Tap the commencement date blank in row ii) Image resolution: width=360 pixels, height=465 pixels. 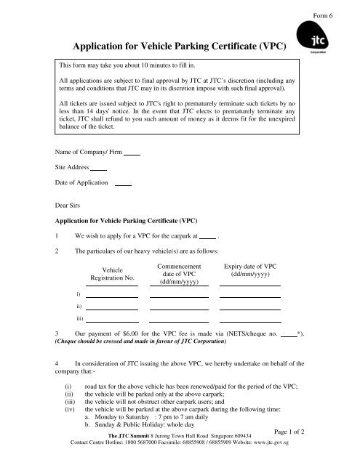point(179,308)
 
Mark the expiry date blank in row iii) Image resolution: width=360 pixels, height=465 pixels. point(250,320)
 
